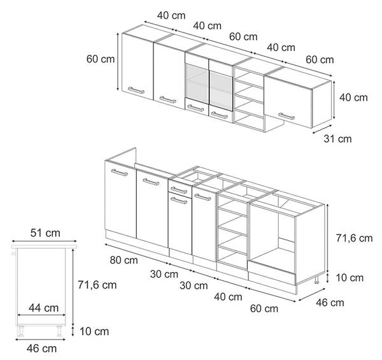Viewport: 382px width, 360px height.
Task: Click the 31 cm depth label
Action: click(x=337, y=139)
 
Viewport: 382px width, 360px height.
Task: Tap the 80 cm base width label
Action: click(x=124, y=260)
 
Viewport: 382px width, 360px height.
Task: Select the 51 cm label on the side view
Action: click(x=45, y=233)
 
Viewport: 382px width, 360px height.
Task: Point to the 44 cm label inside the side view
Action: click(x=43, y=308)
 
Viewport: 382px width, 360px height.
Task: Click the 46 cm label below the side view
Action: click(x=41, y=349)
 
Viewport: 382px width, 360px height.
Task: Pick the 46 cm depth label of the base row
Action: click(x=330, y=303)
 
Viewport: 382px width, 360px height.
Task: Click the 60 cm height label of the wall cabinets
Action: click(x=101, y=59)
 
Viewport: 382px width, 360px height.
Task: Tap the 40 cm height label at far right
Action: click(x=353, y=97)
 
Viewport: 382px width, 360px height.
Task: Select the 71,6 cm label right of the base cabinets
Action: click(x=354, y=238)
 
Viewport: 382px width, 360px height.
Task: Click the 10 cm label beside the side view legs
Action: click(x=94, y=331)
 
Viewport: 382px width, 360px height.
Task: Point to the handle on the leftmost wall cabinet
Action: click(x=136, y=90)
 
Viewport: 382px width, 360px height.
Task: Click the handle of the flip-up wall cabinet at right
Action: click(x=286, y=116)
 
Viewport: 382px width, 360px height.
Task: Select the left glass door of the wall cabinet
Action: click(x=197, y=83)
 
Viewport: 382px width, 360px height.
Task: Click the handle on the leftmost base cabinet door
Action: click(x=120, y=173)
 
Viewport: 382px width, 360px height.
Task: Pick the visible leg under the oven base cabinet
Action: click(x=316, y=280)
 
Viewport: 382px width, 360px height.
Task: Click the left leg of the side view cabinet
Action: click(x=20, y=331)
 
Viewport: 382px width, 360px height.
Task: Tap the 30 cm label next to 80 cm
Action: click(x=164, y=274)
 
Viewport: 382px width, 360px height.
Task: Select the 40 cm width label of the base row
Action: click(x=228, y=297)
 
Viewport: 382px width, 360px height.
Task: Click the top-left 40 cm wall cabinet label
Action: click(x=171, y=15)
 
